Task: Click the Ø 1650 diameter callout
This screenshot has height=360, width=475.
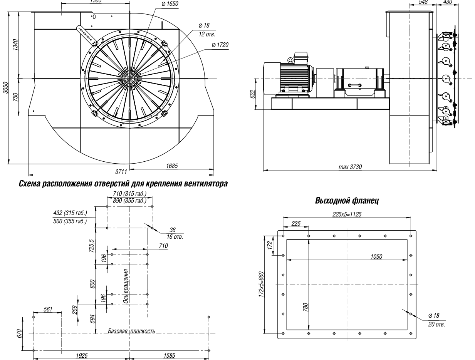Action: tap(170, 4)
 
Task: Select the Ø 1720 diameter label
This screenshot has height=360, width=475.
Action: tap(220, 45)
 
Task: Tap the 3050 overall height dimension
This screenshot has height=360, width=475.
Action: tap(5, 87)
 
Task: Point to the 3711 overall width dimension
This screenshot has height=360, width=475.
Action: tap(121, 172)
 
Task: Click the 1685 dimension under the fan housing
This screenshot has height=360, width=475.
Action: tap(172, 166)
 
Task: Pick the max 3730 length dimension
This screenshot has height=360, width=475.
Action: tap(350, 167)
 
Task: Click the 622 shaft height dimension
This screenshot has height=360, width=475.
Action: tap(253, 94)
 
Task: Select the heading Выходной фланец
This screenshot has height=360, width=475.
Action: tap(347, 201)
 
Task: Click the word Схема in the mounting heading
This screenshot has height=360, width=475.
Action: tap(29, 184)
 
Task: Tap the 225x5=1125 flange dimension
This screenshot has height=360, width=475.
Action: tap(347, 214)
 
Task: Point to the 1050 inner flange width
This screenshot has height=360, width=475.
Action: tap(376, 257)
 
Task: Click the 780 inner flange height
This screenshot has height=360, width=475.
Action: tap(305, 307)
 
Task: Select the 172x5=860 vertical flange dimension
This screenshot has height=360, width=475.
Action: tap(262, 284)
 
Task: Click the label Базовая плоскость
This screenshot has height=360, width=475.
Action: tap(131, 331)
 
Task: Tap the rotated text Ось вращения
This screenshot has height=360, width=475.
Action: tap(126, 286)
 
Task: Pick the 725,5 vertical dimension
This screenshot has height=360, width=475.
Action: tap(92, 246)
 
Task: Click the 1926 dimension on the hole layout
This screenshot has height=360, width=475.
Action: tap(82, 355)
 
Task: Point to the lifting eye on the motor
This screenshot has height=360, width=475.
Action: tap(290, 60)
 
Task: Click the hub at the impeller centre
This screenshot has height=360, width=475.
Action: tap(129, 78)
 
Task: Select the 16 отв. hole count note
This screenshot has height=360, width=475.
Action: tap(175, 237)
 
